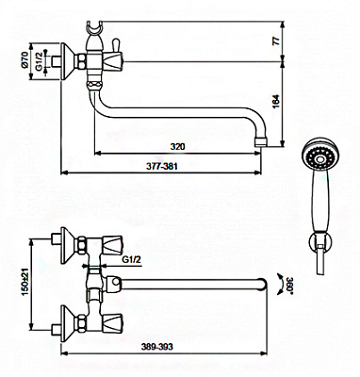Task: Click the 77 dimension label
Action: pos(276,41)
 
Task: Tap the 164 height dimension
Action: pos(276,102)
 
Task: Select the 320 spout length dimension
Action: pos(178,146)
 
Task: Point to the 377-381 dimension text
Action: pos(161,166)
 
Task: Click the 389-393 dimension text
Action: pos(157,347)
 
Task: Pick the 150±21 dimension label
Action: pos(25,281)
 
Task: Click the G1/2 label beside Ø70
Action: pos(39,61)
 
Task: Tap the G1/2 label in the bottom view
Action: pos(132,259)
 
